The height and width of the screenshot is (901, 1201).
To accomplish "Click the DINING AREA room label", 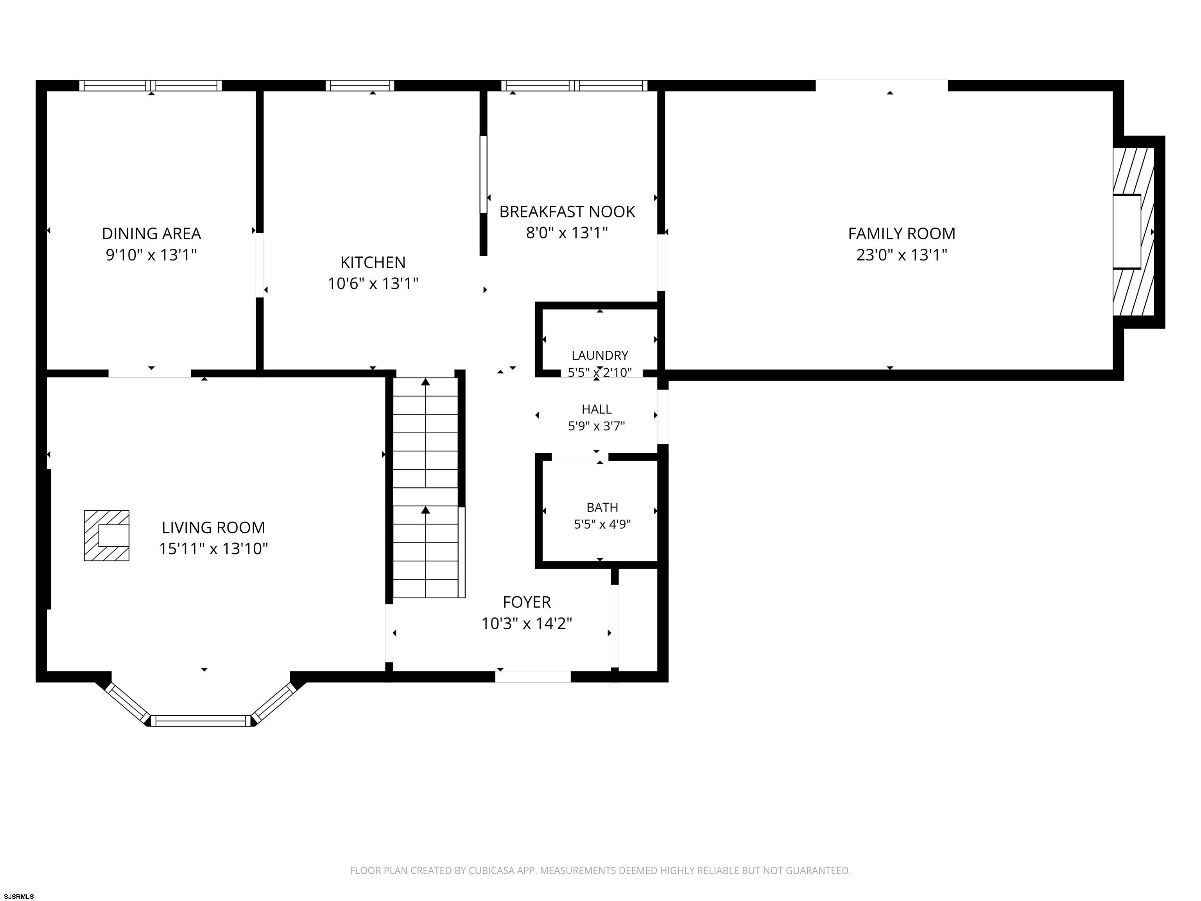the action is coord(151,233).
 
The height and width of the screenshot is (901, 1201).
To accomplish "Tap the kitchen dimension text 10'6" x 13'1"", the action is coord(373,284).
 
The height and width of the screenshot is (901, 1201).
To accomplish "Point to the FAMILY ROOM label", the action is coord(901,233).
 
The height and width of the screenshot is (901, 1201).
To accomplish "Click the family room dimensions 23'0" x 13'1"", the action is coord(901,255).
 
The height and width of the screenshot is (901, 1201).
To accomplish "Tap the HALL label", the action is coord(596,409).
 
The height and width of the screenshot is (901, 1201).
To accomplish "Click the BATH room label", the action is coord(602,507).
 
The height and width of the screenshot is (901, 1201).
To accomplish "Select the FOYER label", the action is coord(527,602).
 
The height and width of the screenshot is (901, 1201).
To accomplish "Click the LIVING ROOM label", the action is coord(213,528).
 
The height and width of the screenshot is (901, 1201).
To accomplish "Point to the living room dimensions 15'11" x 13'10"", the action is coord(213,549).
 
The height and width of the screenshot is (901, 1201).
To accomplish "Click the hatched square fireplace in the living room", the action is coord(106,535).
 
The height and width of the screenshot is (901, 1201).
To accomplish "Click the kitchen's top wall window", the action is coord(360,85).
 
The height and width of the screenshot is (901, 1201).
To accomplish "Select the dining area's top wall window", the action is coord(151,85).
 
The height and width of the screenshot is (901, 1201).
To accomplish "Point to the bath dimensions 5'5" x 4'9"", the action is coord(602,524).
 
